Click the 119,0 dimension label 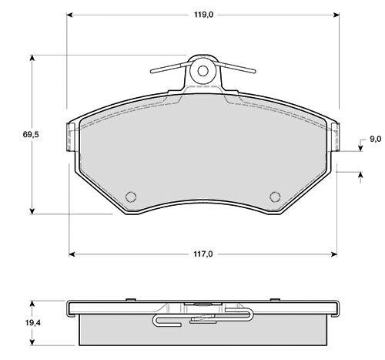point(203,15)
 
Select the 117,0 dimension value point(203,254)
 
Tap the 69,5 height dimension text point(31,134)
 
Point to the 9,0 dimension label point(376,139)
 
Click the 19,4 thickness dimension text point(33,323)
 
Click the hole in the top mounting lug point(203,71)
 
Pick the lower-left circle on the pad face point(131,197)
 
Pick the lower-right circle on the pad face point(275,197)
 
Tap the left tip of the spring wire point(152,72)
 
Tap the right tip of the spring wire point(254,71)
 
